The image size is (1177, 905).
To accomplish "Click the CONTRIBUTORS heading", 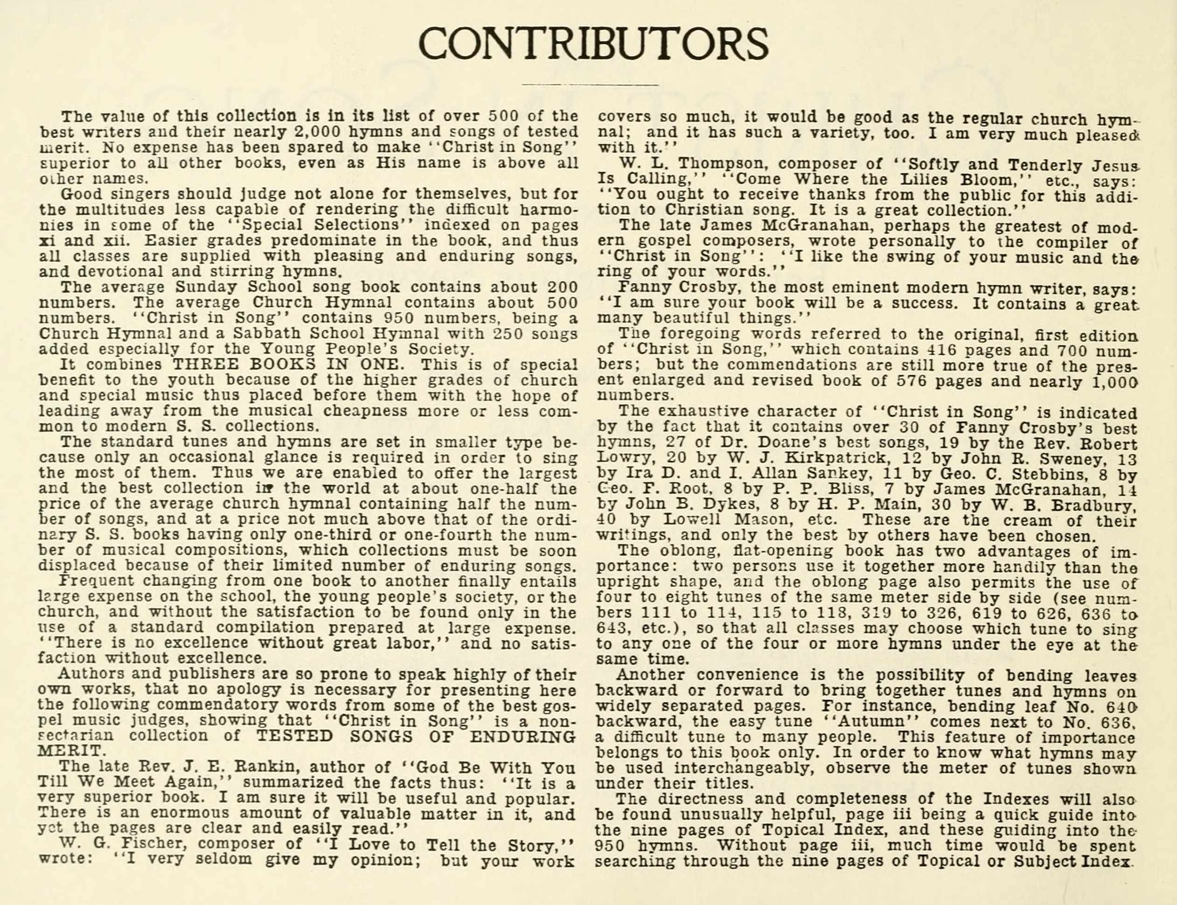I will coord(593,44).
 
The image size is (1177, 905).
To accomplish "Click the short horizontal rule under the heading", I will coord(590,85).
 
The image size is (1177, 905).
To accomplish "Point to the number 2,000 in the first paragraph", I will coord(322,132).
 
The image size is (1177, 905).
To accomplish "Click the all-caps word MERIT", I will coord(70,751).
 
